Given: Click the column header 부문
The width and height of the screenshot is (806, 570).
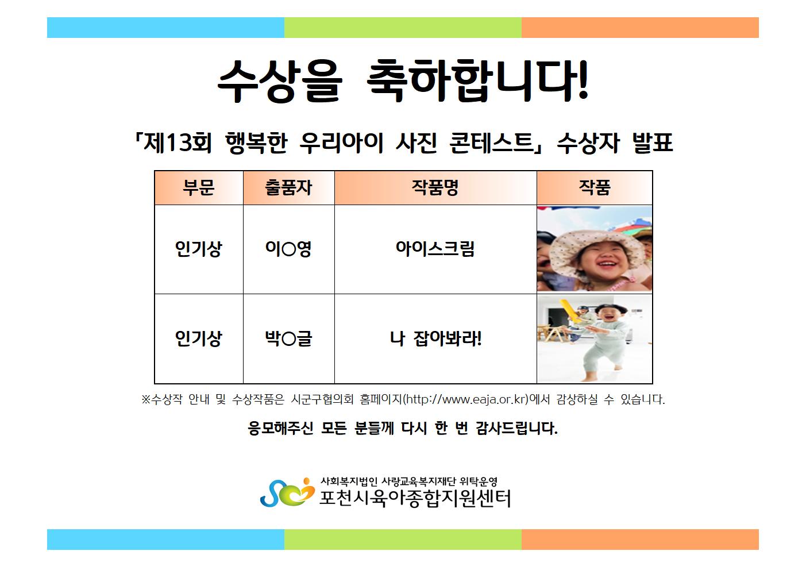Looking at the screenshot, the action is tap(198, 187).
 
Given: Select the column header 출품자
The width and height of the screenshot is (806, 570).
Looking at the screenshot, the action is tap(288, 187).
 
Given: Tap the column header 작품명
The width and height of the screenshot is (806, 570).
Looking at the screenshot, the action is tap(435, 187).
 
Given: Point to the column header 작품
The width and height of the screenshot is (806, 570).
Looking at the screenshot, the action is tap(595, 187).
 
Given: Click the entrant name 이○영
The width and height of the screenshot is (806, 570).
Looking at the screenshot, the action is tap(288, 249).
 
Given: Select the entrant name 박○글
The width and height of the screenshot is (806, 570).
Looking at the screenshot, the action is tap(288, 338).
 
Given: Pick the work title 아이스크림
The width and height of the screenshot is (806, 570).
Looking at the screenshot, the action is tap(435, 249).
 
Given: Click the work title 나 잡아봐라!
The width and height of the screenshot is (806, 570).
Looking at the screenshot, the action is tap(435, 338).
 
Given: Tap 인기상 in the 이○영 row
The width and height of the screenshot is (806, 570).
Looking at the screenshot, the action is tap(198, 249).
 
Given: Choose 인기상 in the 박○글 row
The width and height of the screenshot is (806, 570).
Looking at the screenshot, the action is tap(198, 338).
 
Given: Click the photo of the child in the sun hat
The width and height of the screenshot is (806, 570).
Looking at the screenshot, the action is tap(595, 249).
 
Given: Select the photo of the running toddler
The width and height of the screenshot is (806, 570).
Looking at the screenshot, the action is tap(595, 338).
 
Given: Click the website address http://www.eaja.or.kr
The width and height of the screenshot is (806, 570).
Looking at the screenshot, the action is tap(466, 399).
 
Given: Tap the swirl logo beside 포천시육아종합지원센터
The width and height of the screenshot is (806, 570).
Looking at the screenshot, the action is tap(287, 492).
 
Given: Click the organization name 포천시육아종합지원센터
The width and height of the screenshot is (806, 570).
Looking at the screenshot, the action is tap(415, 498).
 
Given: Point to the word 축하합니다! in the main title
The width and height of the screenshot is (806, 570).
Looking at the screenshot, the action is tap(477, 81).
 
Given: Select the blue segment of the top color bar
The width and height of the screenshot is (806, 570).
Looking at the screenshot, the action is tap(165, 28).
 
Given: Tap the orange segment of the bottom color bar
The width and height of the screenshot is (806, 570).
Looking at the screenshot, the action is tap(640, 540).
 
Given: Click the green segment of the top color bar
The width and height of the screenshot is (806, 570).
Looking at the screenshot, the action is tap(403, 28).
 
